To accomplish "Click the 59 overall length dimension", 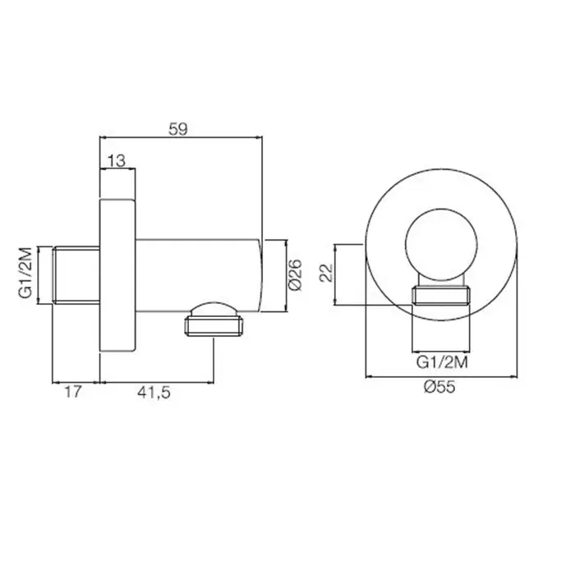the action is point(178,129).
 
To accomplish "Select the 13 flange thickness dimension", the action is point(117,161).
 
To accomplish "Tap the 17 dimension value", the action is point(73,392).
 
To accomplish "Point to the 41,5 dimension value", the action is point(154,393).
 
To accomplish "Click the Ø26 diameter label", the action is point(295,275).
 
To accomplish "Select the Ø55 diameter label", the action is point(439,387).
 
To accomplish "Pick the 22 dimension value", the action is point(326,273).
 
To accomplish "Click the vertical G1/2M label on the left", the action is point(26,273).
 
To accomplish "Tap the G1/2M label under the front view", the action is point(442,363).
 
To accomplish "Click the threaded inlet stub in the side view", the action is point(76,275).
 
